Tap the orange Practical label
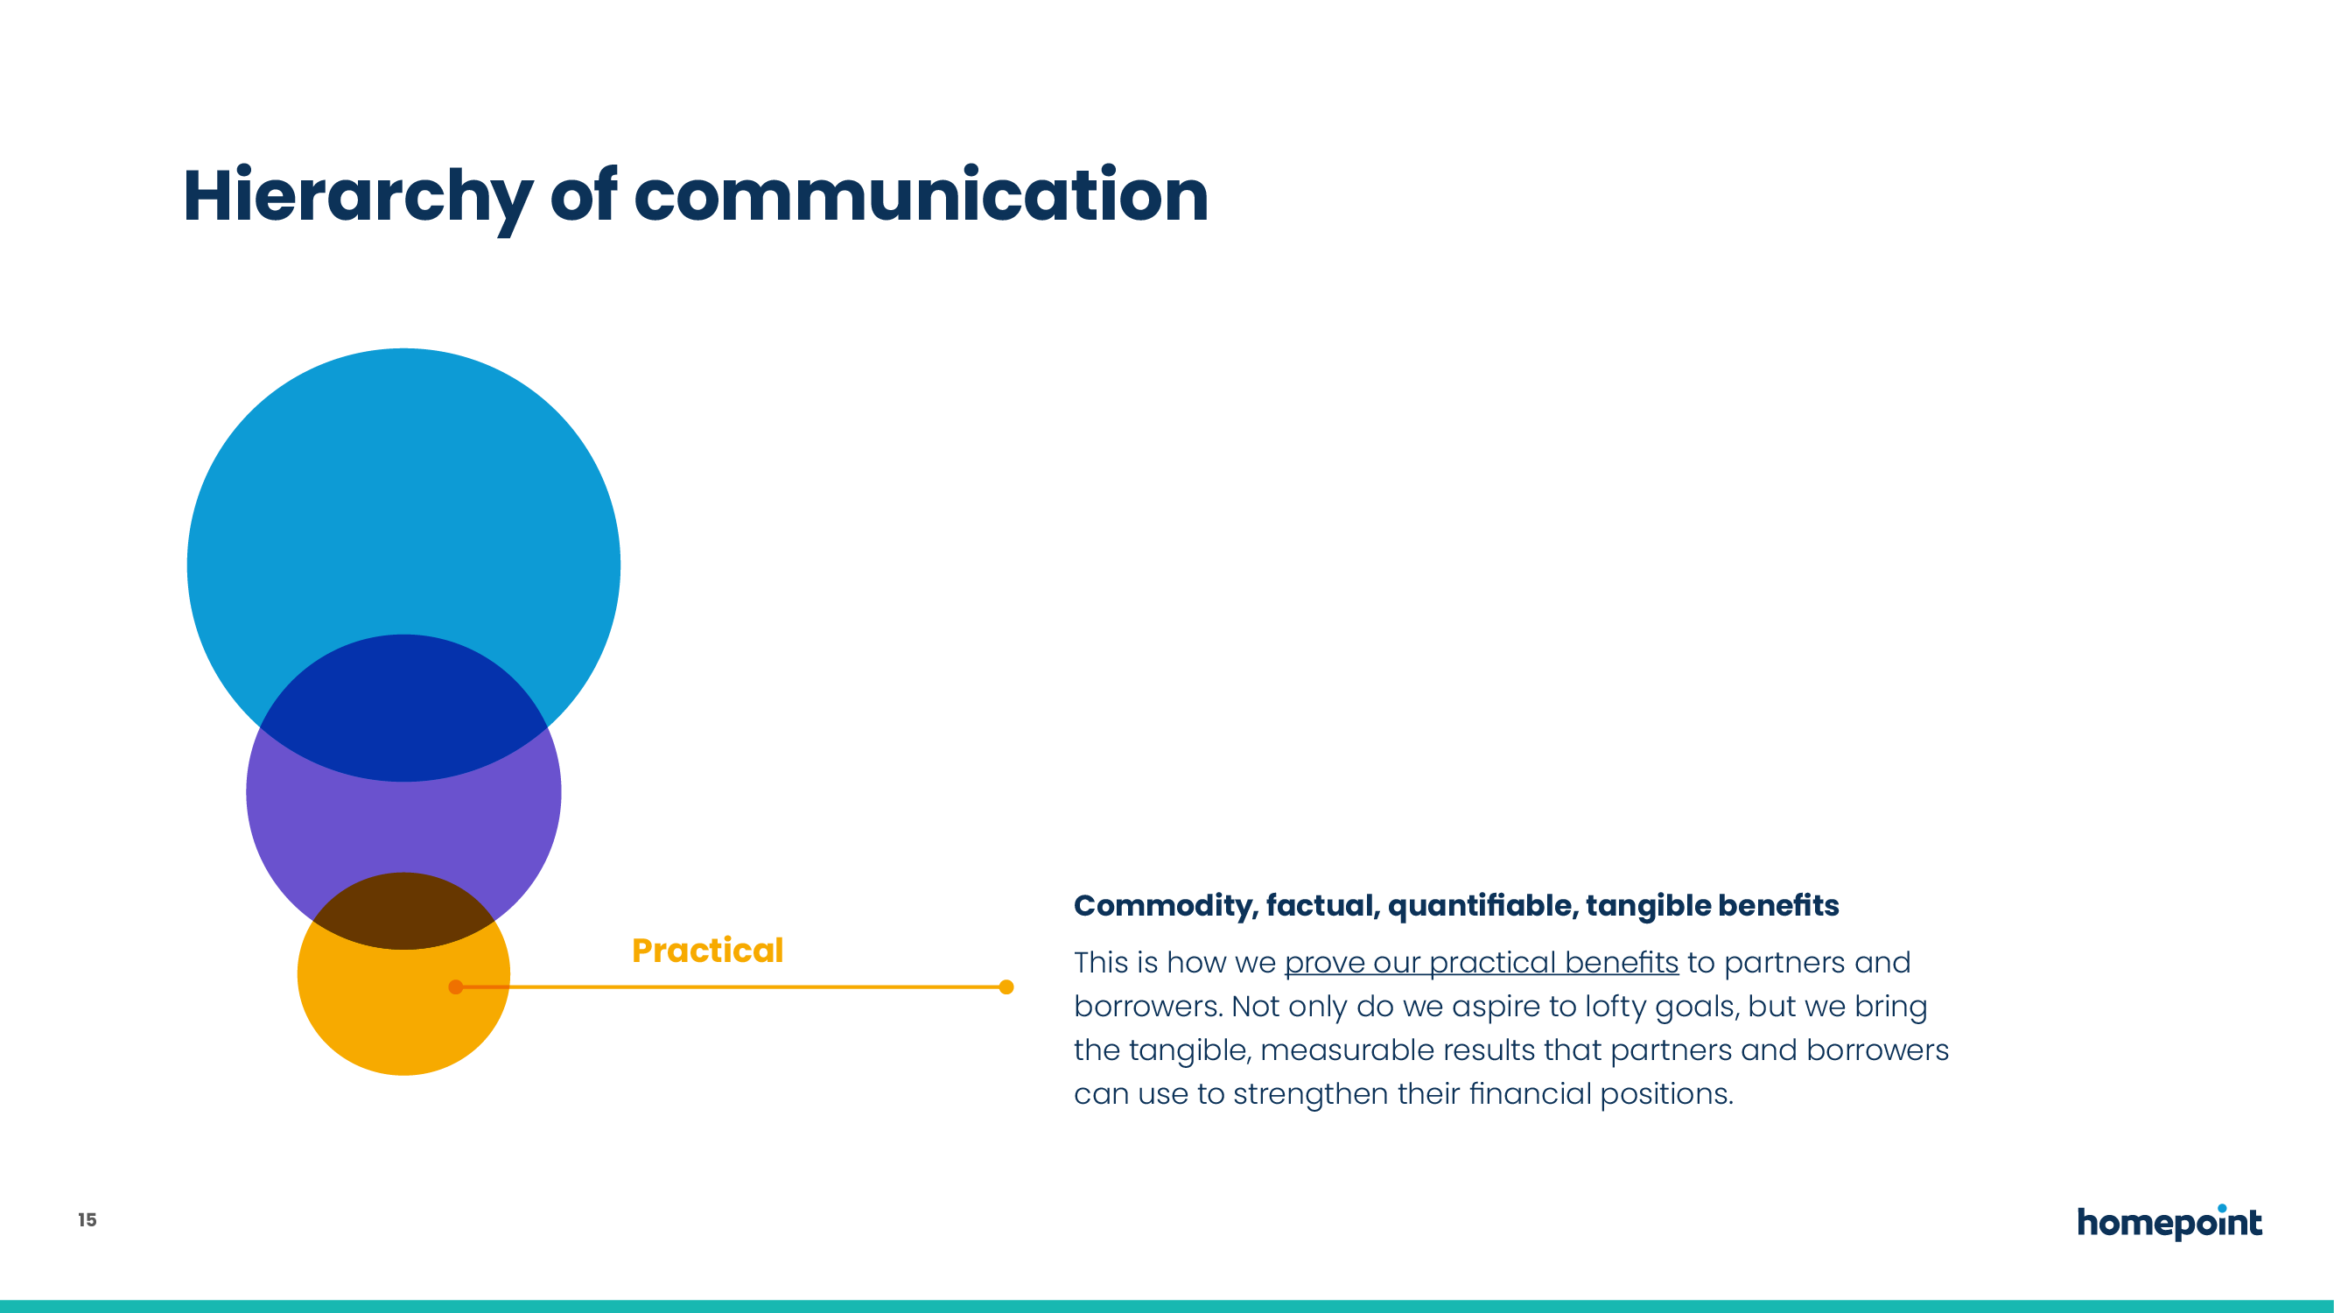(x=708, y=950)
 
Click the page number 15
(x=87, y=1219)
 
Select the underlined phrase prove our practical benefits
(x=1482, y=963)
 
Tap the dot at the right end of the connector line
(x=1006, y=987)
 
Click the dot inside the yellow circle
(x=456, y=987)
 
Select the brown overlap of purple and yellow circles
(x=404, y=909)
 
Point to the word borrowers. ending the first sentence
(x=1148, y=1007)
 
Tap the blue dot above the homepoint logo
(x=2222, y=1208)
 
